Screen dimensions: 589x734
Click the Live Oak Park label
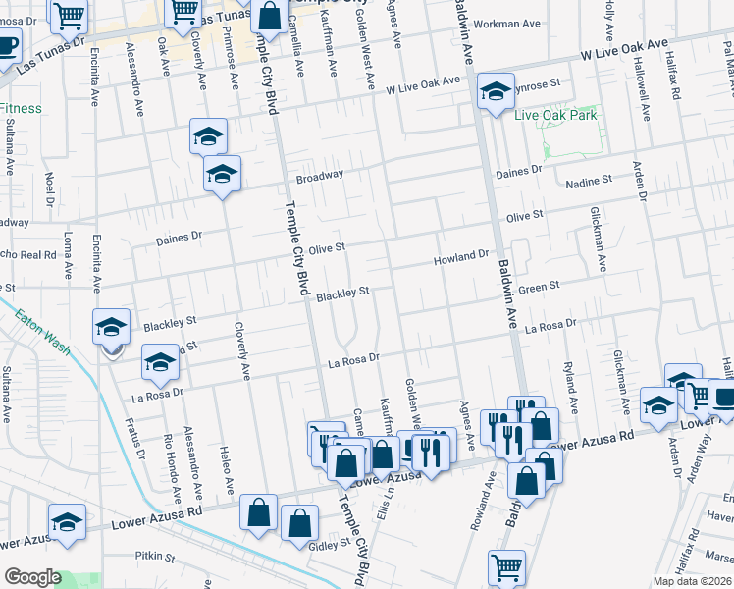[x=555, y=115]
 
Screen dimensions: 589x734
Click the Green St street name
[x=538, y=287]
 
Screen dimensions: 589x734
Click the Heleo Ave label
[x=227, y=471]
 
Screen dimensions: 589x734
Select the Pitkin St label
[x=155, y=556]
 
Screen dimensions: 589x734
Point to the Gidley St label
[x=331, y=544]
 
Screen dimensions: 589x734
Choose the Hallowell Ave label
[x=644, y=94]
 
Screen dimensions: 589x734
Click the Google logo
[x=32, y=576]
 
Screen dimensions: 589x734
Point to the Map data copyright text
[x=693, y=581]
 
